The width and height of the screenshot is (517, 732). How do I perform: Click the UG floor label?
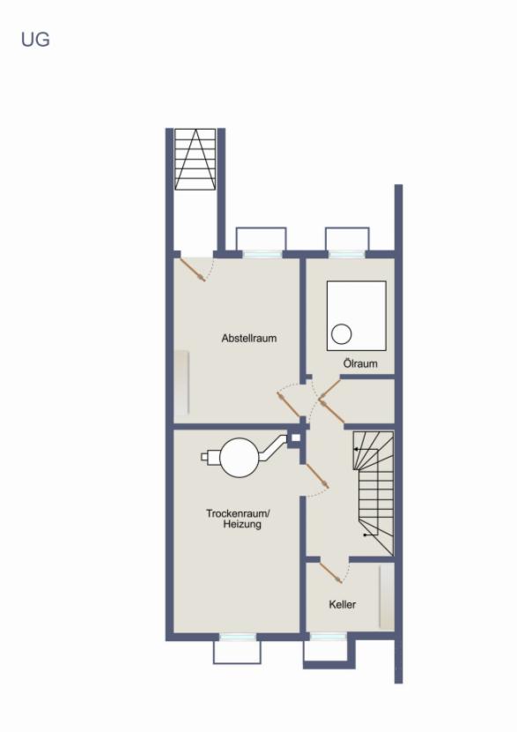pyautogui.click(x=35, y=40)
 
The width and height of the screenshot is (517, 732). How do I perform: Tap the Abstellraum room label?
pyautogui.click(x=249, y=338)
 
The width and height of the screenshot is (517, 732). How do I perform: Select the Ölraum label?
pyautogui.click(x=360, y=363)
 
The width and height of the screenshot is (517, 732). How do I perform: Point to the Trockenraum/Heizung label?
pyautogui.click(x=239, y=519)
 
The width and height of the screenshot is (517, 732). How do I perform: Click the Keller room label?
pyautogui.click(x=343, y=604)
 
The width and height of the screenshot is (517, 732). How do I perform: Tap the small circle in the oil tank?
pyautogui.click(x=342, y=333)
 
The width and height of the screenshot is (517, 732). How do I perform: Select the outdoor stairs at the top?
pyautogui.click(x=195, y=159)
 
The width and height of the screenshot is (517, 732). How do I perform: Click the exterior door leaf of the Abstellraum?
pyautogui.click(x=193, y=269)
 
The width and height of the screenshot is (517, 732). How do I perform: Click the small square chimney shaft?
pyautogui.click(x=296, y=435)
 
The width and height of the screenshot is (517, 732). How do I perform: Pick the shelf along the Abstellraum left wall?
pyautogui.click(x=181, y=384)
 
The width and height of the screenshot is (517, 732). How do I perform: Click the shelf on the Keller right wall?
pyautogui.click(x=386, y=597)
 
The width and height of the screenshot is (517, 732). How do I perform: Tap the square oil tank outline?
pyautogui.click(x=357, y=315)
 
